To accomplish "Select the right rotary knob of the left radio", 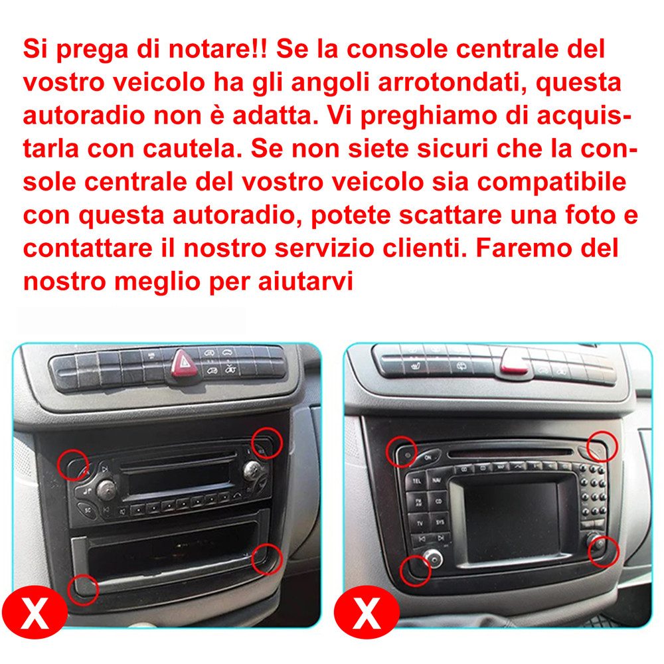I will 252,469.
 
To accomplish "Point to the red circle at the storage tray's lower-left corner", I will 82,588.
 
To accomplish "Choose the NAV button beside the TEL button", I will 436,479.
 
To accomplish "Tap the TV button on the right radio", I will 419,523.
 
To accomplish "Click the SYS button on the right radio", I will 439,523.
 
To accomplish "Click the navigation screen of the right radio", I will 511,521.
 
